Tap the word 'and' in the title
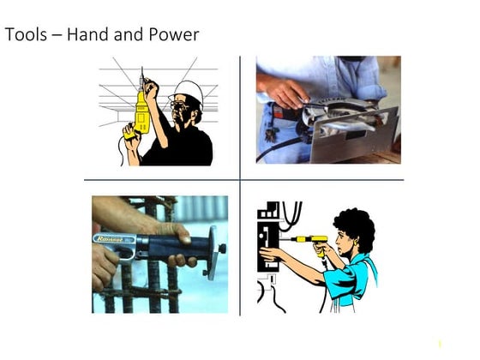coord(129,36)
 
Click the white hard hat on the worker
coord(189,91)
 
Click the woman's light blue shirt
coord(351,279)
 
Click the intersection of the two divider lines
coord(241,180)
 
